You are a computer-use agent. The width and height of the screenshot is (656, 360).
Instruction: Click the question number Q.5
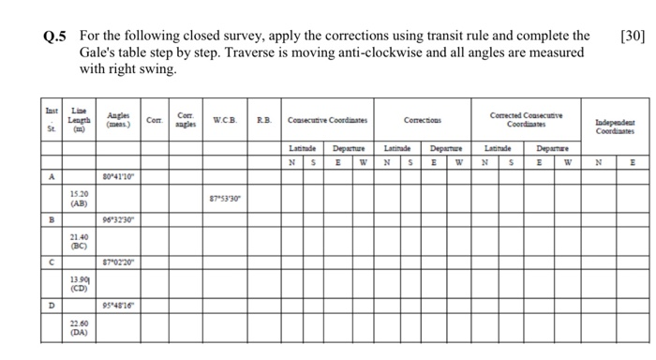55,37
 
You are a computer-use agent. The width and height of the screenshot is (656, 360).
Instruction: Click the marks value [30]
634,37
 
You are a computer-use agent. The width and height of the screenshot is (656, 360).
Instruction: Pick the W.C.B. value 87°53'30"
229,199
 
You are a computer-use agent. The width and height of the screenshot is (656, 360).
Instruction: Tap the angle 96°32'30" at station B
118,221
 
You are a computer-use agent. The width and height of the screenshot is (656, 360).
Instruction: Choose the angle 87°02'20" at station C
118,263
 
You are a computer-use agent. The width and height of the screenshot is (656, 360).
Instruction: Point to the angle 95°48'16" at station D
118,306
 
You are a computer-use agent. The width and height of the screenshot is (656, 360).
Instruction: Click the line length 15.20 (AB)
80,197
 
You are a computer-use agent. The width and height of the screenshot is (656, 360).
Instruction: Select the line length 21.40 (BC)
80,242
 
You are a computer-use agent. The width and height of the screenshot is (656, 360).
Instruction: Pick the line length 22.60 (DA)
80,327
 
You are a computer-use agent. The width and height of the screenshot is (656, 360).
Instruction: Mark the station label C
53,263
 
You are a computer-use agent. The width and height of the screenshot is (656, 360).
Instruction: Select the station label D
53,306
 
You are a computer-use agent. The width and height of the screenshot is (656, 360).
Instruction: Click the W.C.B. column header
225,120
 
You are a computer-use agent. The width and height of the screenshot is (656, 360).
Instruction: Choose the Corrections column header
425,120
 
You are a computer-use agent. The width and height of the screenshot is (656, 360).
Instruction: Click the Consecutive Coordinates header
327,120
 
